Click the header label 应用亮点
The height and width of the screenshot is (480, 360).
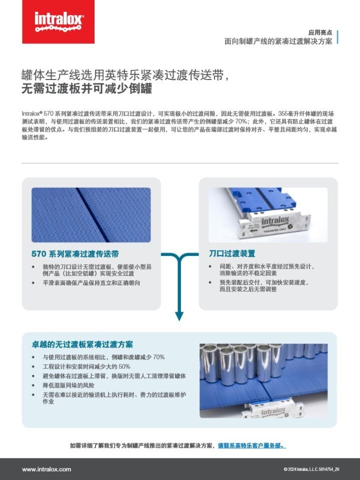point(320,31)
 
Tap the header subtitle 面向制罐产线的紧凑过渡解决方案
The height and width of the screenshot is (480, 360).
point(278,41)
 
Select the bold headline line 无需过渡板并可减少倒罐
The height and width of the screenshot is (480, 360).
point(86,89)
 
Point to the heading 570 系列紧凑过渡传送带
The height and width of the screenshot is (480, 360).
point(75,254)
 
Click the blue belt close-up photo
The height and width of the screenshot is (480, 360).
point(91,214)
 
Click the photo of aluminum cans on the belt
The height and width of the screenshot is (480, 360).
point(263,380)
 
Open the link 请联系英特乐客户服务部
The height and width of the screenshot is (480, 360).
point(252,445)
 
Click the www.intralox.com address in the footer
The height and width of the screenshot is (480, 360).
point(46,469)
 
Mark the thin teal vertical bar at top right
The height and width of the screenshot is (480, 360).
point(338,36)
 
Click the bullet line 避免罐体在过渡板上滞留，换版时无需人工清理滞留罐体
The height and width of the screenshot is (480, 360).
point(114,376)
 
